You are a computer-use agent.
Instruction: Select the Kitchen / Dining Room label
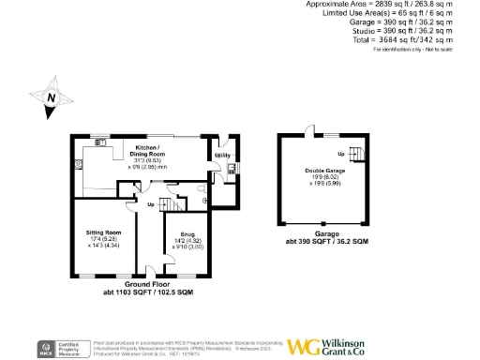pyautogui.click(x=147, y=151)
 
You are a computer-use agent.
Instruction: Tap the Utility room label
pyautogui.click(x=222, y=156)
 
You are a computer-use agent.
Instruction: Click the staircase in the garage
pyautogui.click(x=354, y=154)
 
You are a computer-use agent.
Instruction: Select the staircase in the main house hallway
pyautogui.click(x=167, y=204)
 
